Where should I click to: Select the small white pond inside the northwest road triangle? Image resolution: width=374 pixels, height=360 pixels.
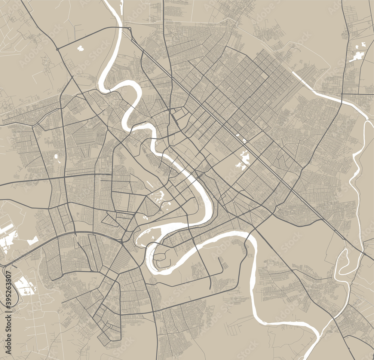(x=81, y=48)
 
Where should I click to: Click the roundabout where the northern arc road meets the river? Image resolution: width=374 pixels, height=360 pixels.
(x=129, y=28)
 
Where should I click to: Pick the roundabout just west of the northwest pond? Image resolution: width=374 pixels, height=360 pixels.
(x=57, y=49)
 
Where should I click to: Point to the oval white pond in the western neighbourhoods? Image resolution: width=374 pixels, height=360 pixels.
(x=56, y=156)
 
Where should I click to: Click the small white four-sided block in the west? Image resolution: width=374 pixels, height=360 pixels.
(x=33, y=240)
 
